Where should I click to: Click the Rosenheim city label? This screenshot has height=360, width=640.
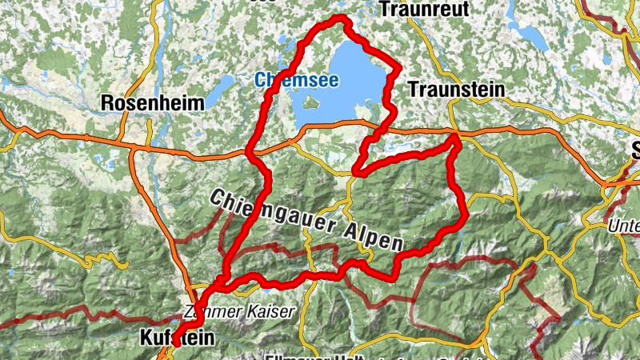pos(152,103)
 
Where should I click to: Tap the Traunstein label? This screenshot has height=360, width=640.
pos(456,90)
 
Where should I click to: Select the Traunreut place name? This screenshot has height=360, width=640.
pos(422,10)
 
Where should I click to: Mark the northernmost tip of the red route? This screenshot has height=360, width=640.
pos(342,18)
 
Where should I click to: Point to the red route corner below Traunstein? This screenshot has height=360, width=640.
pos(455,138)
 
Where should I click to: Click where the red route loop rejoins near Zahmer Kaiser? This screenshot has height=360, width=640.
pos(218,285)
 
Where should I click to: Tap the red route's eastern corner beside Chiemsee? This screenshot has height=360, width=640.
pos(398,71)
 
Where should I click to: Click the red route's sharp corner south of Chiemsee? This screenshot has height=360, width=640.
pos(355,171)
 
